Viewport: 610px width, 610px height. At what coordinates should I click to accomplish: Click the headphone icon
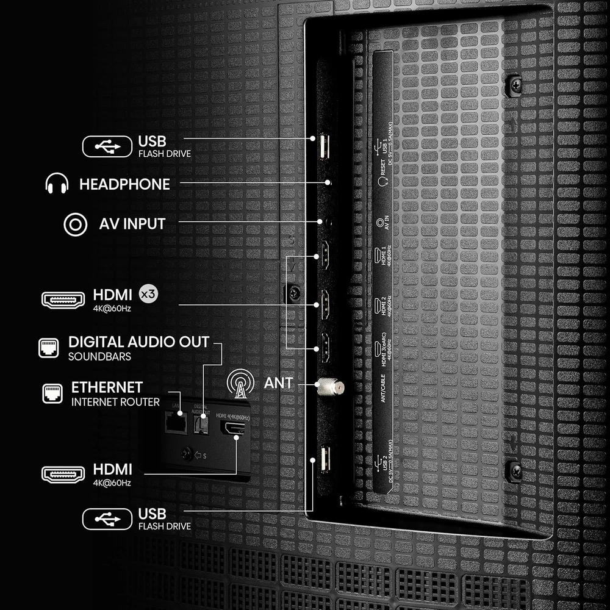coord(56,184)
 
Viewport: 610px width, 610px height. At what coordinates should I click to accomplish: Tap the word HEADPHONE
coord(124,184)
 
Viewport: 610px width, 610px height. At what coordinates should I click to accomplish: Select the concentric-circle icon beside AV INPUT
coord(74,224)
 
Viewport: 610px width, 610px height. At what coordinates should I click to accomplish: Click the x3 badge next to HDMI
coord(148,293)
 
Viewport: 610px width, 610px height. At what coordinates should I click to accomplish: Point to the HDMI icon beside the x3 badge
coord(62,300)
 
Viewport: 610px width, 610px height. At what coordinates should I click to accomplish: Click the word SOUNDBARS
coord(99,356)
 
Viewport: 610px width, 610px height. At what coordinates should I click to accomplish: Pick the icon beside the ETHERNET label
coord(52,393)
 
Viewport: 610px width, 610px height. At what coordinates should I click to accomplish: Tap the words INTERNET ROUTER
coord(115,402)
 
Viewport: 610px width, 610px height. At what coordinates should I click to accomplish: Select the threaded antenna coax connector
coord(330,385)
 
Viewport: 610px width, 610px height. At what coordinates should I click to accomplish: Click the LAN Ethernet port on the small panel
coord(176,423)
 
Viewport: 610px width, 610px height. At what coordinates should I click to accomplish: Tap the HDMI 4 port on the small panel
coord(232,429)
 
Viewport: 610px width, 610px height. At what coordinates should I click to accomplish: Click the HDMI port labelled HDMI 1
coord(325,256)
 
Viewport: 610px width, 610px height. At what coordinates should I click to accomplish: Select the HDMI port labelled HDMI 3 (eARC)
coord(325,349)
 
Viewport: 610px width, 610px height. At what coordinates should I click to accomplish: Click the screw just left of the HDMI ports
coord(295,293)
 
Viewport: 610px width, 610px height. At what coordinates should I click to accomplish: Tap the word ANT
coord(279,384)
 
